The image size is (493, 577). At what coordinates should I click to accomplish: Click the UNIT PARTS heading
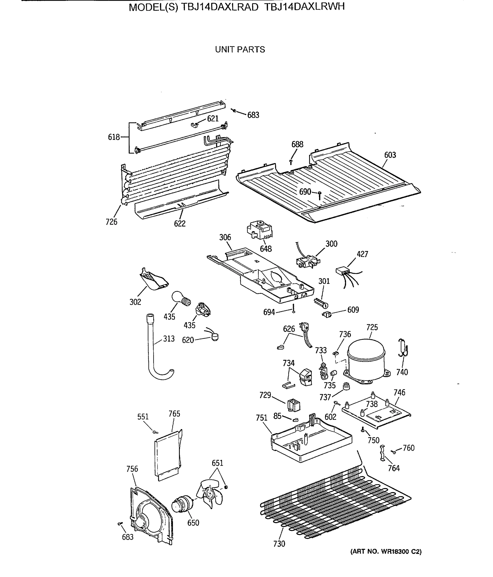pos(240,49)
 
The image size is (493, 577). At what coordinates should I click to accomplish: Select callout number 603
pos(390,155)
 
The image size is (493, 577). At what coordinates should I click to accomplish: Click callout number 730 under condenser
pos(279,544)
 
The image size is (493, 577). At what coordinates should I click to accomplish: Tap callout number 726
pos(111,222)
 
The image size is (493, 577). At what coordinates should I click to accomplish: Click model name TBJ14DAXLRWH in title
pos(304,7)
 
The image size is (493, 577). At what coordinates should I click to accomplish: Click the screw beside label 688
pos(291,161)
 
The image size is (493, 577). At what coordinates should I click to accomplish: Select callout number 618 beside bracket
pos(114,137)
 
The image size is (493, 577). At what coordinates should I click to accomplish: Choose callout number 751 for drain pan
pos(261,426)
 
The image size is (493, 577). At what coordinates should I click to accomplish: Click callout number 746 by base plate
pos(399,392)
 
